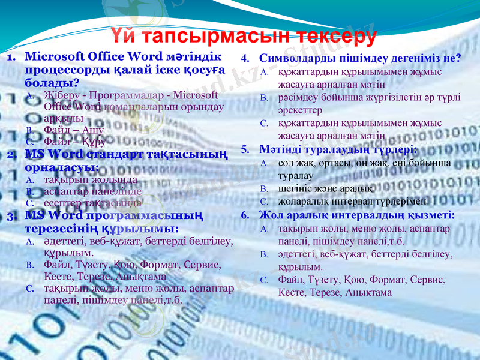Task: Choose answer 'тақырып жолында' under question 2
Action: [x=91, y=179]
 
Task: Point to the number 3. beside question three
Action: [x=13, y=216]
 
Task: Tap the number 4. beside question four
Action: [x=245, y=59]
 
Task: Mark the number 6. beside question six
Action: [x=245, y=215]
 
